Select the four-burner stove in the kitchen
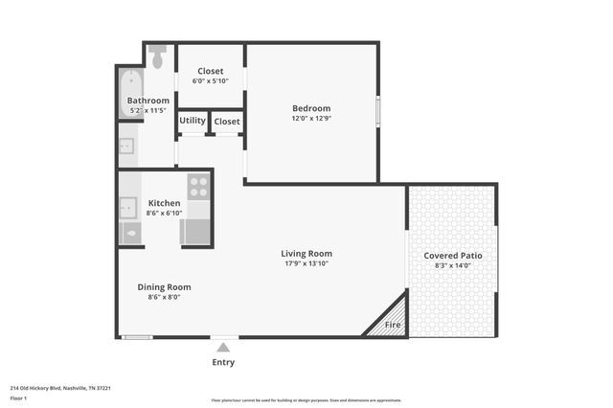(198, 185)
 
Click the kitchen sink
(128, 208)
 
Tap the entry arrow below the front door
(223, 347)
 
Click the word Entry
(223, 363)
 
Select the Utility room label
(193, 121)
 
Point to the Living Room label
(306, 254)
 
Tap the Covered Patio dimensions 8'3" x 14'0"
(452, 266)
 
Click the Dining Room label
(164, 286)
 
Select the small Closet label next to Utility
(227, 122)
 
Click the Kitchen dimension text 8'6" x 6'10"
(164, 215)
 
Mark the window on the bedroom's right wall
(378, 111)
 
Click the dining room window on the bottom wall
(138, 336)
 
